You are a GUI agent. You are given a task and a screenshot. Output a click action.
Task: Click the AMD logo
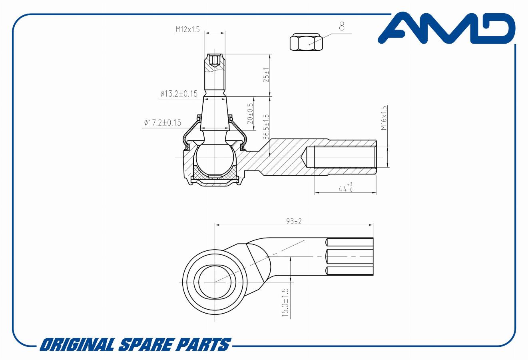point(446,29)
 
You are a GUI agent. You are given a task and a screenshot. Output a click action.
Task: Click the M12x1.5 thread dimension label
point(187,29)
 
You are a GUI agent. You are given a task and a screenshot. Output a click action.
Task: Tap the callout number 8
point(342,26)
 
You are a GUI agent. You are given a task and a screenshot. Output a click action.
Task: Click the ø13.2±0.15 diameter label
point(179,94)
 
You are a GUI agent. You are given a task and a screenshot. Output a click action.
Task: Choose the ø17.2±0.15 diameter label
point(162,123)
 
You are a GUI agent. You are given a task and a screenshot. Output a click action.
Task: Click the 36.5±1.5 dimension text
point(266,127)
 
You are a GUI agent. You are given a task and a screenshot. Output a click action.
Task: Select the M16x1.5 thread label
point(384,118)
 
